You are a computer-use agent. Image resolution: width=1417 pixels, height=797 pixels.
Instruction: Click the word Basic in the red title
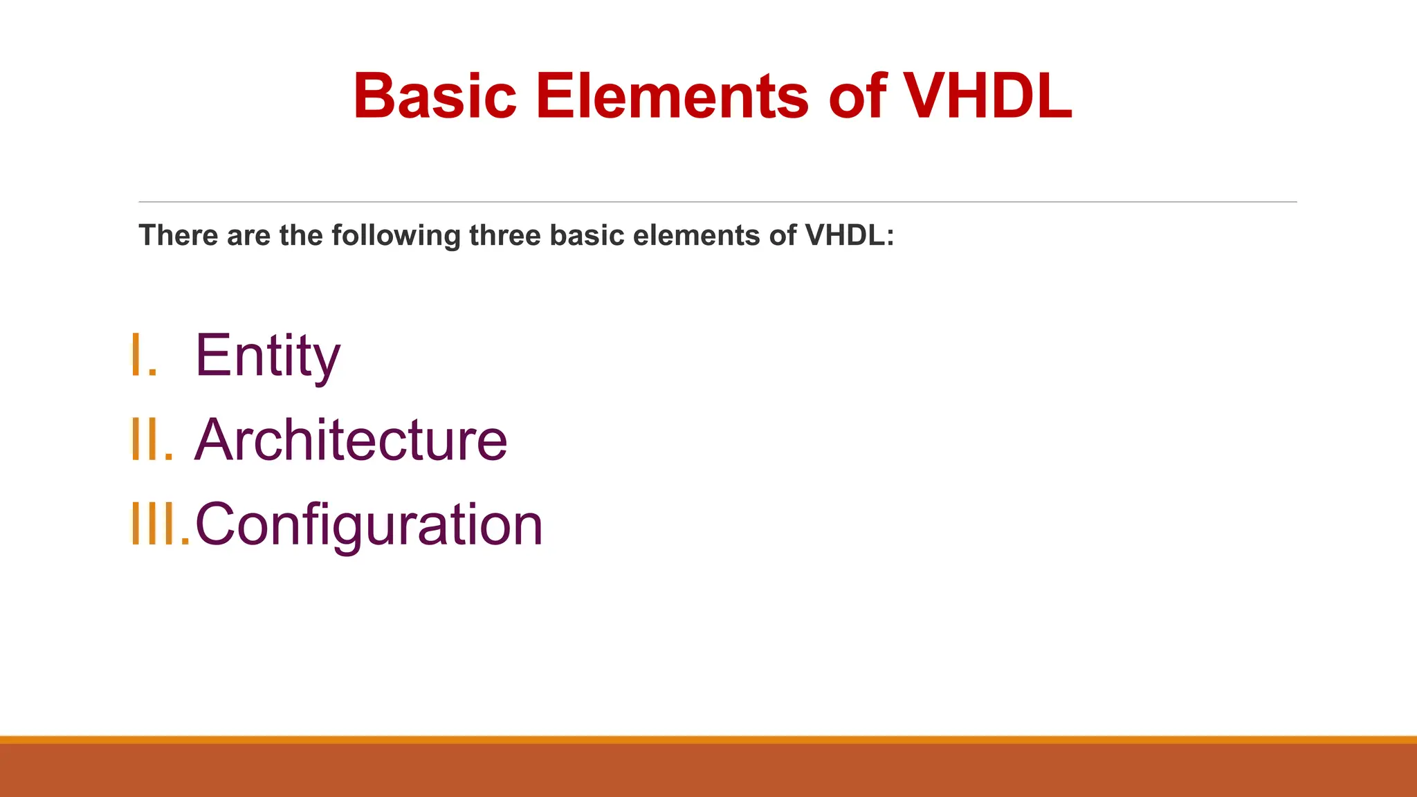[435, 97]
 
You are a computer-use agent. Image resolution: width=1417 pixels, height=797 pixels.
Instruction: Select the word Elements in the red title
[671, 97]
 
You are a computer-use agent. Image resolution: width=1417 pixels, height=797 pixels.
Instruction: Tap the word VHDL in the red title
[988, 97]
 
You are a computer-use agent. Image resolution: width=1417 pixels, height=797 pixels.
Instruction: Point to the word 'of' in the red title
[858, 97]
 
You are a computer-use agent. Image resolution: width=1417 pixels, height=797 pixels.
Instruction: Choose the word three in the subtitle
[506, 236]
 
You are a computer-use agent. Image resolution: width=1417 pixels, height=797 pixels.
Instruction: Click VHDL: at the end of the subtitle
[850, 236]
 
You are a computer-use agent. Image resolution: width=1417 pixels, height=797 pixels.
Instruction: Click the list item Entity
[268, 356]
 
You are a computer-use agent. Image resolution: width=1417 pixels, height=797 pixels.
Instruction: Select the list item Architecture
[351, 440]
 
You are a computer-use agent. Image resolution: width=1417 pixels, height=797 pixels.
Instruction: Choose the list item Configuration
[369, 525]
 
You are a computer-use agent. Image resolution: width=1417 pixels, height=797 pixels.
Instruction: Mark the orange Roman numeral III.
[159, 524]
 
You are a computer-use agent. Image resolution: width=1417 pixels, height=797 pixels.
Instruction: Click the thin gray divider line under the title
[717, 202]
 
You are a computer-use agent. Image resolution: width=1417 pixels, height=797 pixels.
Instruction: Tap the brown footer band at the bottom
[708, 771]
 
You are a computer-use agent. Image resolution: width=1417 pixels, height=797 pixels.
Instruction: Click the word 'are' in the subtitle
[248, 237]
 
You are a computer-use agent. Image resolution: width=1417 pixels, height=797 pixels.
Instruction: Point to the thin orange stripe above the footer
[708, 740]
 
